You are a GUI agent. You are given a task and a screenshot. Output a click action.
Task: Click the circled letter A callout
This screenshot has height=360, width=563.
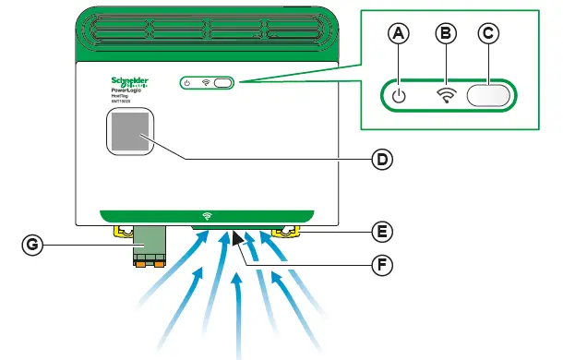(x=398, y=34)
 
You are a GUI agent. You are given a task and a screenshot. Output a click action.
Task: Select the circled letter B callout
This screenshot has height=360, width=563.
(x=446, y=34)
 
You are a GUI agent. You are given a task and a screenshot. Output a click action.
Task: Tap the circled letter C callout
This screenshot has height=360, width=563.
(x=489, y=34)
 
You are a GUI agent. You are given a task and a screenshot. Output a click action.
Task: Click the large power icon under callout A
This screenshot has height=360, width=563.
(x=398, y=95)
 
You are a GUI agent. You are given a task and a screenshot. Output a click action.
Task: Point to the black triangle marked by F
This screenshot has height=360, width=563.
(x=238, y=240)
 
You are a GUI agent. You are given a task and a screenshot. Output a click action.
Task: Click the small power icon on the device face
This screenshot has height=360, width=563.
(x=187, y=83)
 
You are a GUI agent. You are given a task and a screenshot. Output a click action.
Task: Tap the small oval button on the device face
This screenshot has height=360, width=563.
(x=224, y=83)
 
